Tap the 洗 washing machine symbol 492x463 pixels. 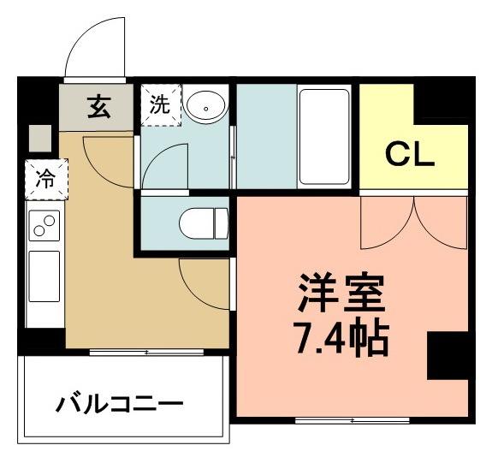[x=161, y=104]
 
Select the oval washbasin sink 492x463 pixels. [x=205, y=108]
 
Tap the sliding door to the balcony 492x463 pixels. [x=145, y=352]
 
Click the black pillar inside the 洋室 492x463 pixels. [x=449, y=354]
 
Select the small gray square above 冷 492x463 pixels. [x=39, y=138]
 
